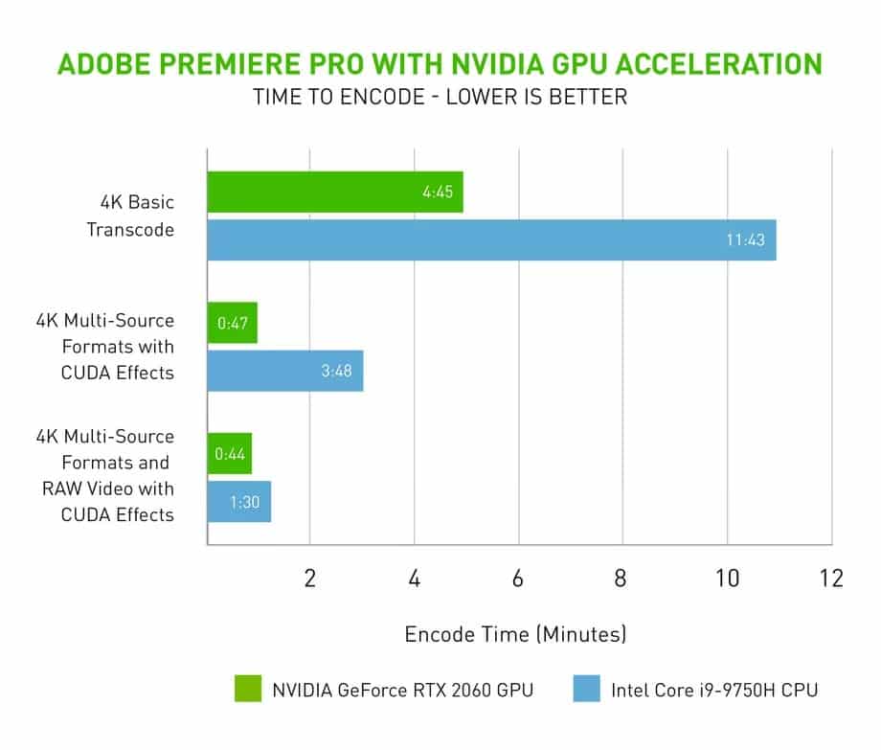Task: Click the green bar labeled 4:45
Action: click(x=335, y=193)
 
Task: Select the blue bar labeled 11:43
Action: click(x=491, y=239)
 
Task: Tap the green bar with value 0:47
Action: click(x=233, y=323)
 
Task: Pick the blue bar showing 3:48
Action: click(x=285, y=371)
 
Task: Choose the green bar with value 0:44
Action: click(x=230, y=454)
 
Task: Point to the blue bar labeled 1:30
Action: click(x=239, y=502)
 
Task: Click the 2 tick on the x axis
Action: click(x=310, y=580)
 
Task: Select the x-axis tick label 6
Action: click(x=518, y=580)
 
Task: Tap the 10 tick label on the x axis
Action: click(x=726, y=580)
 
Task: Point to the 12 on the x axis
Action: click(x=830, y=580)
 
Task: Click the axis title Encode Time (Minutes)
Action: click(x=515, y=634)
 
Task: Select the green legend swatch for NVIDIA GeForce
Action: click(x=247, y=689)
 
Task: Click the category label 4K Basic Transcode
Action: click(x=130, y=216)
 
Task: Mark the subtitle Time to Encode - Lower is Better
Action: click(x=440, y=98)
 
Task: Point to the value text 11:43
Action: click(x=745, y=240)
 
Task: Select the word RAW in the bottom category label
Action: click(x=58, y=489)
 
